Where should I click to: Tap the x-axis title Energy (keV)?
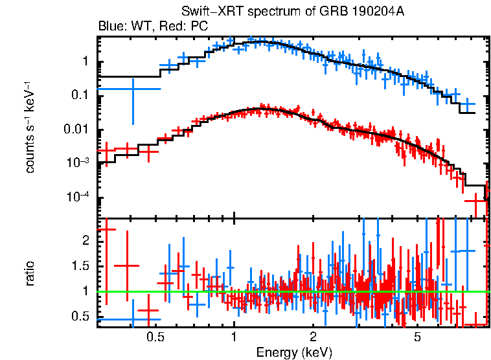pos(294,352)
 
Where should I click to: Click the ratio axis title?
pos(30,273)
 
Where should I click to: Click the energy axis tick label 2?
pos(313,337)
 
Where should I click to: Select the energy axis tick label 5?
pos(418,337)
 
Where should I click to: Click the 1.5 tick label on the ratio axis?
pos(81,266)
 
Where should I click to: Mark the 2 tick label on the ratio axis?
pos(86,240)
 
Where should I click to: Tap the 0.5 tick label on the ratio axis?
pos(81,317)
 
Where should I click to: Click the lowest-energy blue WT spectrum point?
pos(133,89)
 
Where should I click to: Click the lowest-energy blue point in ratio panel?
pos(133,319)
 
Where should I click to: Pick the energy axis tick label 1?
pos(234,337)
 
